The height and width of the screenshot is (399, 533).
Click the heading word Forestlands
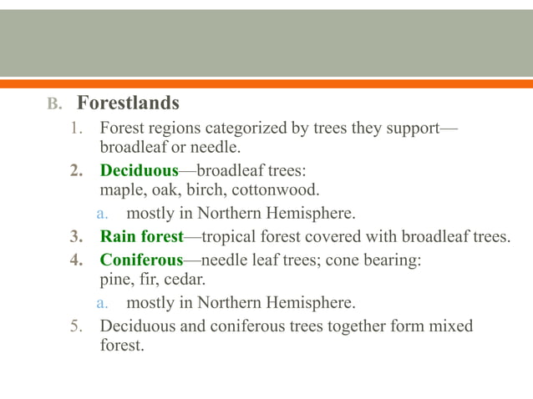click(x=128, y=104)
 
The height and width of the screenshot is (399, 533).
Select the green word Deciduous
click(x=140, y=171)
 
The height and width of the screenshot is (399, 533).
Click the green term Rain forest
click(x=141, y=236)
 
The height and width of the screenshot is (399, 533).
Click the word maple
click(x=120, y=189)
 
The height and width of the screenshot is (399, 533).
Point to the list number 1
click(x=74, y=129)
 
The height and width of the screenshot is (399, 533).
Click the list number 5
click(x=74, y=326)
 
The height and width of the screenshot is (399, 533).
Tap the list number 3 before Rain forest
click(x=74, y=236)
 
